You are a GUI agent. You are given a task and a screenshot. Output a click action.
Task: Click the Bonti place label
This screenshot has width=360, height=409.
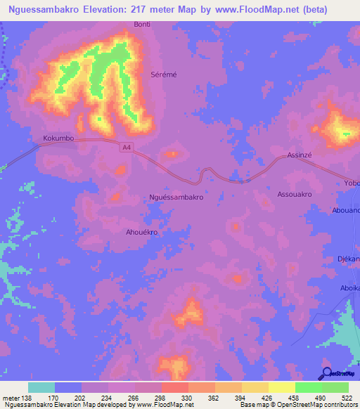pyautogui.click(x=142, y=24)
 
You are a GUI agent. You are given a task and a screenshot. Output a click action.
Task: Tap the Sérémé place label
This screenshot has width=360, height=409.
pyautogui.click(x=162, y=73)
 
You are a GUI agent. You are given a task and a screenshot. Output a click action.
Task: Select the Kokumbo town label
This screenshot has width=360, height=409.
pyautogui.click(x=58, y=138)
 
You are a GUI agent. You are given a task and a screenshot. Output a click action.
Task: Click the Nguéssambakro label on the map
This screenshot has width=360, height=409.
pyautogui.click(x=177, y=197)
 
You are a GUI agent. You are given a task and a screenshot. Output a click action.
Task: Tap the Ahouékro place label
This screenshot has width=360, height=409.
pyautogui.click(x=141, y=232)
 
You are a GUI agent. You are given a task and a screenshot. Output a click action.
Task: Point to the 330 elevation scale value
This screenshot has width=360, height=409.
pyautogui.click(x=187, y=398)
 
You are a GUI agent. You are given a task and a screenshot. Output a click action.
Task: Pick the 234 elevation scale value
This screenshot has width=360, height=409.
pyautogui.click(x=107, y=398)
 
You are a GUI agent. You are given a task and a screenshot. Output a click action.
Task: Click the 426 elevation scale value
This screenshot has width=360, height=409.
pyautogui.click(x=267, y=398)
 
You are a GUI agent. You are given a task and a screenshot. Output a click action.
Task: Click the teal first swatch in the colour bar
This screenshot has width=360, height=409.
pyautogui.click(x=41, y=387)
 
